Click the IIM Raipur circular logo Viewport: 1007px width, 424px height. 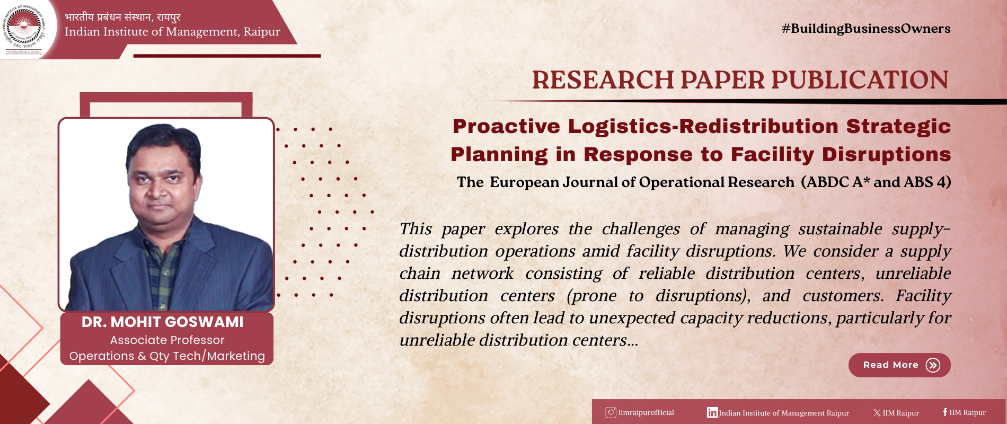point(24,29)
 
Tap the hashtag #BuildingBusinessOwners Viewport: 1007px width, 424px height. point(866,29)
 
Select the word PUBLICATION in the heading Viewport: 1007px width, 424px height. point(860,80)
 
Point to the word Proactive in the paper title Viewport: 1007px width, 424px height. point(506,126)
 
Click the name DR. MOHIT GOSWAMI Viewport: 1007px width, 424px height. point(163,322)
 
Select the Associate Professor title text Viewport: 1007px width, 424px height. point(167,340)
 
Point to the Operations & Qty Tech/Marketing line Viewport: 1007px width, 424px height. point(167,356)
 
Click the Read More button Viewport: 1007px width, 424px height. point(899,365)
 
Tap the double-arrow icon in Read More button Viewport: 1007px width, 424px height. point(933,365)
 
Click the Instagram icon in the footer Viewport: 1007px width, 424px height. point(611,412)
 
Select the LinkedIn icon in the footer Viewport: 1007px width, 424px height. point(712,412)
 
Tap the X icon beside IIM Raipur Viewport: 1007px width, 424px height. point(877,413)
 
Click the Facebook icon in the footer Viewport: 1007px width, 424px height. point(945,412)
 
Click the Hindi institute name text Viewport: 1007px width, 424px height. point(123,17)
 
